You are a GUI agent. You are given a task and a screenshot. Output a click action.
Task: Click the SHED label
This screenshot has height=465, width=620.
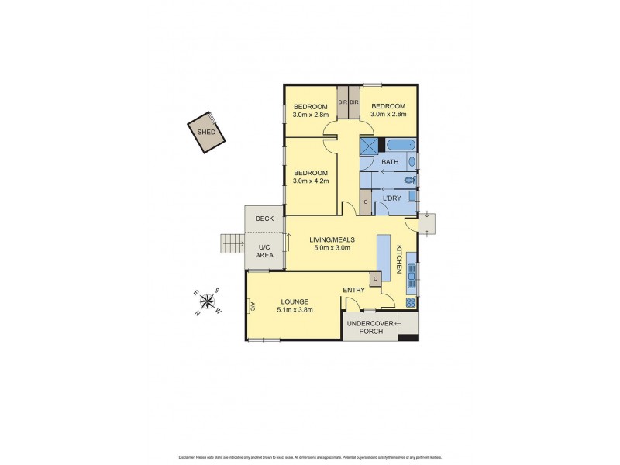click(x=205, y=132)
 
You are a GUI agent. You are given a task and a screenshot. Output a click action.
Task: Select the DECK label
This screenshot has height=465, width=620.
click(x=264, y=219)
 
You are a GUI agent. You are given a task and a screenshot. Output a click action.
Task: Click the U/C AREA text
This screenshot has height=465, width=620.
click(x=264, y=250)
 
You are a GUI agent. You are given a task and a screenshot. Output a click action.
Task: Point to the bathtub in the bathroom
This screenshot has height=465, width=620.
click(x=401, y=144)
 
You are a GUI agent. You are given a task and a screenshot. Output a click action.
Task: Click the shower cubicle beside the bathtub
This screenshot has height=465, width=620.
click(x=369, y=145)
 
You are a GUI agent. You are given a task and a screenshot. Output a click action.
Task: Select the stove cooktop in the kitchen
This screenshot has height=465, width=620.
click(x=411, y=302)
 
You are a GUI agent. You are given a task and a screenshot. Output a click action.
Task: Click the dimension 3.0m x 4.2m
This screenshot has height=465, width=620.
click(x=311, y=181)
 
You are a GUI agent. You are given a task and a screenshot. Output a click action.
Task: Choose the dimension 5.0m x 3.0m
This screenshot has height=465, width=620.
click(x=332, y=248)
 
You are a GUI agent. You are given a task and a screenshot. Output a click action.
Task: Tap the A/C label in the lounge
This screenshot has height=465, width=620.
click(x=250, y=306)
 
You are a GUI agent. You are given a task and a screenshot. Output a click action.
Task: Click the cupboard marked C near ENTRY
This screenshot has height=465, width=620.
click(x=375, y=278)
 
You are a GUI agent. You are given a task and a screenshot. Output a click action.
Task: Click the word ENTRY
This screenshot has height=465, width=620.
click(x=353, y=290)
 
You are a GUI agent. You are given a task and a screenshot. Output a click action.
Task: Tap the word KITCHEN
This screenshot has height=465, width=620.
click(x=400, y=259)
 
